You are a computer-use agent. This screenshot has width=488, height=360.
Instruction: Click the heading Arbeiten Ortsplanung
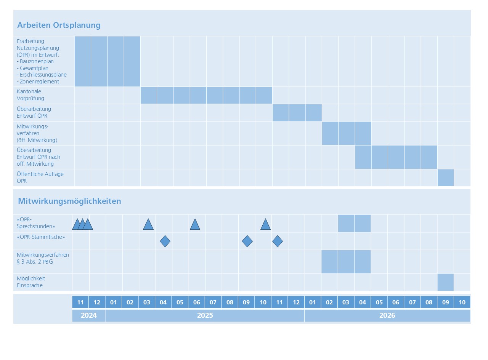59,26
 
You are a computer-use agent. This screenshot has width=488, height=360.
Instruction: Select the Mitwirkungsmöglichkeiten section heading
69,201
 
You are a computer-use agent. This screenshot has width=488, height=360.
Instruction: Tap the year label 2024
88,315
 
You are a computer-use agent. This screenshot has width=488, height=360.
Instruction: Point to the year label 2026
387,315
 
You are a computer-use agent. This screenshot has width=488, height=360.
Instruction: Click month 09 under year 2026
445,302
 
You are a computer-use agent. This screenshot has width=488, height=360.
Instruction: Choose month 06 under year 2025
196,302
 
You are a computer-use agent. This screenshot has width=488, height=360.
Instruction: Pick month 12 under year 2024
97,302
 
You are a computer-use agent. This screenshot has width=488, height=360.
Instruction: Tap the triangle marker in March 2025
148,225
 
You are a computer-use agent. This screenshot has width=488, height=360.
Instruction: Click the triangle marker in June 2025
195,225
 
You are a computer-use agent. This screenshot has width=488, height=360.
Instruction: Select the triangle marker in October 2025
265,225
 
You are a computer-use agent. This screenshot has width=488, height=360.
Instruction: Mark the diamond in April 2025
165,241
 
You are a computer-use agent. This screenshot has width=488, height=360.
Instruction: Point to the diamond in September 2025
247,241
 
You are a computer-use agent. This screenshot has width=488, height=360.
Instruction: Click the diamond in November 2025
278,241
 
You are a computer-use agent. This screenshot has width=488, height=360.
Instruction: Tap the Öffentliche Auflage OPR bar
445,178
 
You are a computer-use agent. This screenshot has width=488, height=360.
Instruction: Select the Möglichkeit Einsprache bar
445,282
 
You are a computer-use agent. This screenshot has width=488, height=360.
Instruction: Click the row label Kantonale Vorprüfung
30,95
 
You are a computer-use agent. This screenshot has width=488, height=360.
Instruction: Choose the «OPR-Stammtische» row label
41,237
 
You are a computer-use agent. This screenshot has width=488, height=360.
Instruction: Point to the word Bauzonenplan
37,61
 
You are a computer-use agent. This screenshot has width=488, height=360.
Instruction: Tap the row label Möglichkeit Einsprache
30,282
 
